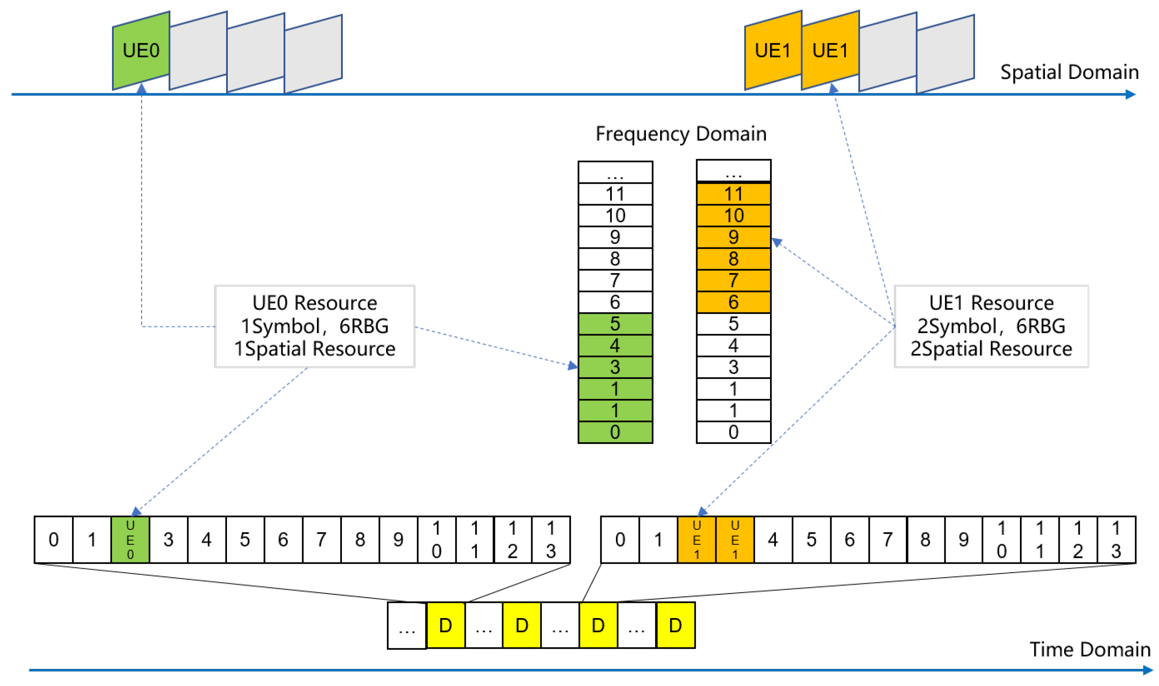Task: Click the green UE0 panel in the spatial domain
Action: pyautogui.click(x=141, y=51)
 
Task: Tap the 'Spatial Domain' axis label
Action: pyautogui.click(x=1069, y=72)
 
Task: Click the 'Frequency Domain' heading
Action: pyautogui.click(x=681, y=134)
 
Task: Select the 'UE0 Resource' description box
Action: pyautogui.click(x=315, y=326)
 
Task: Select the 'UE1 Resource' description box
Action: pyautogui.click(x=991, y=326)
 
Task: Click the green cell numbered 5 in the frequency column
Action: pyautogui.click(x=615, y=324)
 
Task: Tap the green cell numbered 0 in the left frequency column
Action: pyautogui.click(x=615, y=433)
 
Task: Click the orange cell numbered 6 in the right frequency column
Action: pyautogui.click(x=733, y=302)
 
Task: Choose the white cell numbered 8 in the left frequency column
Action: pyautogui.click(x=615, y=259)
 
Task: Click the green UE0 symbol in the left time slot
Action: pyautogui.click(x=130, y=540)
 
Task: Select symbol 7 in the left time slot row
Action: pyautogui.click(x=321, y=540)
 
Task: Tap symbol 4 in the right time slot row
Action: pyautogui.click(x=773, y=540)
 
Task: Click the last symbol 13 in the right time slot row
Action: pyautogui.click(x=1116, y=540)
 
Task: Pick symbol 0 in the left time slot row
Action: pyautogui.click(x=54, y=540)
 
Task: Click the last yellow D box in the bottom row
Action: pyautogui.click(x=675, y=625)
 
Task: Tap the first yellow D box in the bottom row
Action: pyautogui.click(x=445, y=625)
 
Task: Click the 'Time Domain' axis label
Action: pyautogui.click(x=1089, y=650)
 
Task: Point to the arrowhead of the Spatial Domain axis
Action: pyautogui.click(x=1130, y=95)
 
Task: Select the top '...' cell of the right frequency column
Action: pyautogui.click(x=733, y=171)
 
